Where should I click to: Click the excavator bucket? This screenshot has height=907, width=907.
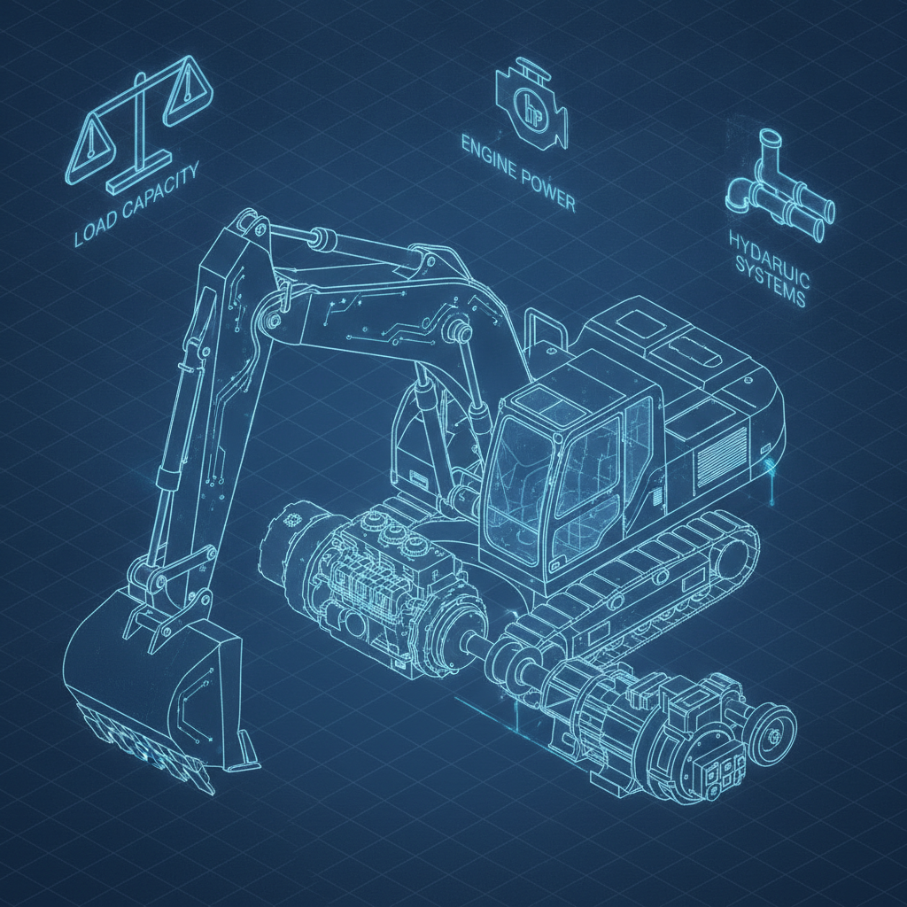point(156,683)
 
